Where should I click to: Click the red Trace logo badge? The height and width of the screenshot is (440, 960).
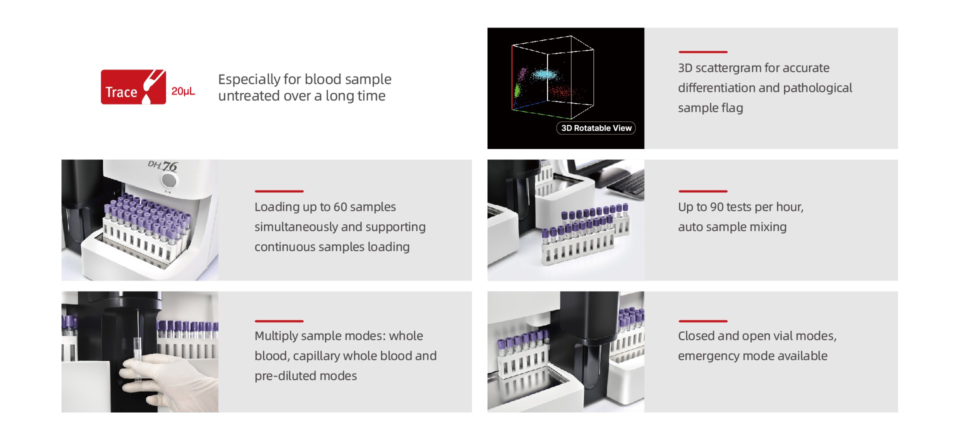pyautogui.click(x=133, y=87)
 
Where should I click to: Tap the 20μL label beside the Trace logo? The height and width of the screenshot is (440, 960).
pyautogui.click(x=183, y=91)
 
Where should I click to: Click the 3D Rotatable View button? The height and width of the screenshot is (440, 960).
pyautogui.click(x=596, y=128)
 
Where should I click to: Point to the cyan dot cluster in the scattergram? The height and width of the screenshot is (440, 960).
pyautogui.click(x=544, y=75)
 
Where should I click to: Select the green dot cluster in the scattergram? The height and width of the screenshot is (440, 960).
pyautogui.click(x=517, y=91)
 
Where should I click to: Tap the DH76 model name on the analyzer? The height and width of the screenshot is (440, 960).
pyautogui.click(x=163, y=165)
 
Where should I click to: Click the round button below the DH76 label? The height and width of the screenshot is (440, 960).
pyautogui.click(x=169, y=180)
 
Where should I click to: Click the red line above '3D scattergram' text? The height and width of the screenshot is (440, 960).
pyautogui.click(x=702, y=52)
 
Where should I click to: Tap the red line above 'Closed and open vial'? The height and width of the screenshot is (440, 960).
pyautogui.click(x=702, y=321)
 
